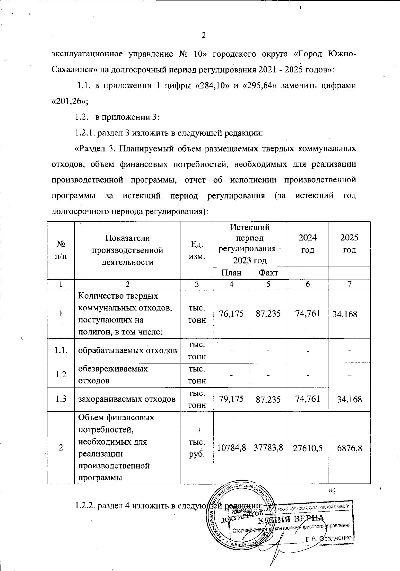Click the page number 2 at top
204,36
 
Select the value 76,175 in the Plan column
231,314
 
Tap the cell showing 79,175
231,399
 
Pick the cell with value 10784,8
231,448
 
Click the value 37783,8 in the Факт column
268,448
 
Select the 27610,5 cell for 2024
307,448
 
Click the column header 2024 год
307,244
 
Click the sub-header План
231,273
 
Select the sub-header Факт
268,273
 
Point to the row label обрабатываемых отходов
127,350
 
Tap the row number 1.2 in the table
61,375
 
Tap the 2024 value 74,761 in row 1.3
307,399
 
